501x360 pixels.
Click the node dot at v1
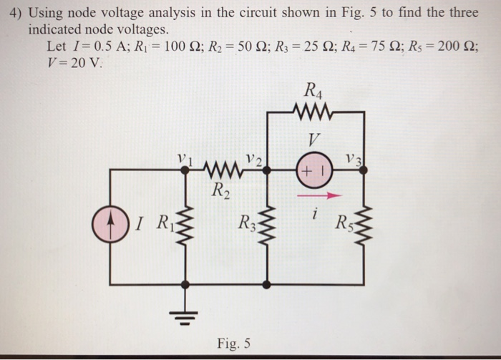pos(185,169)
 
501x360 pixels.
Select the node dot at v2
pos(267,169)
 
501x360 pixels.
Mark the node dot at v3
pos(364,169)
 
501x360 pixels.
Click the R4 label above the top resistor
pos(313,90)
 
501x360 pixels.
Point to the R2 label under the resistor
pos(220,190)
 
